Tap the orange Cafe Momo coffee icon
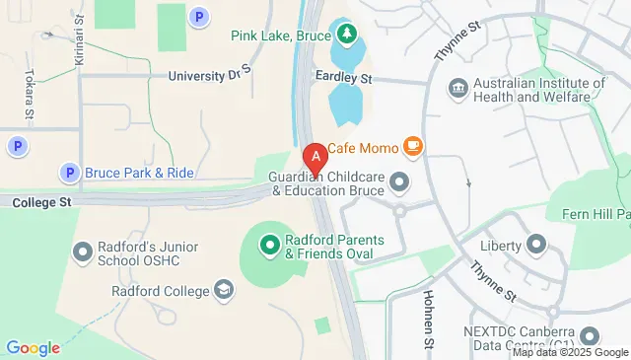coord(413,148)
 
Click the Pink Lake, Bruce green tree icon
coord(346,36)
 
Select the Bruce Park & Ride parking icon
coord(69,173)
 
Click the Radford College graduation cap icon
coord(225,290)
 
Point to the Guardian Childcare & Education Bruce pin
coord(399,181)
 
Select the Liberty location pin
coord(536,243)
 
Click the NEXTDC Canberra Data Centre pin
coord(591,335)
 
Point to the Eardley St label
coord(343,75)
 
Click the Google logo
coord(33,347)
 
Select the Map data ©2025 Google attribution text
coord(570,352)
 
